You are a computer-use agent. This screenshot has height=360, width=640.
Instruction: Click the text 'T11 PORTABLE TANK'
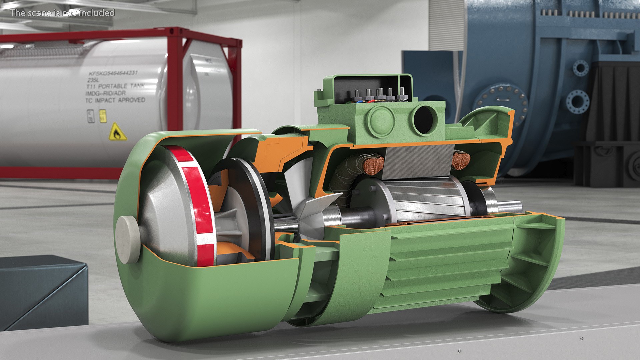(x=115, y=86)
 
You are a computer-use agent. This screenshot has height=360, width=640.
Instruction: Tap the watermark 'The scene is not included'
(x=62, y=13)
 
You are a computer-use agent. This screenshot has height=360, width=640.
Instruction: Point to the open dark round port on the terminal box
(x=425, y=119)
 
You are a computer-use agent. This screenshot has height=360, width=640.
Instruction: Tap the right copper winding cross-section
(x=461, y=160)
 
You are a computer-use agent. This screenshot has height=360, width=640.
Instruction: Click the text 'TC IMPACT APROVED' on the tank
(x=115, y=100)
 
